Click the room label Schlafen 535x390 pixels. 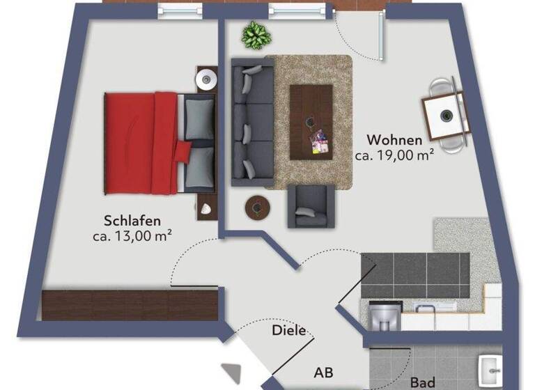point(132,221)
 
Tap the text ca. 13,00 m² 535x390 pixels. point(132,236)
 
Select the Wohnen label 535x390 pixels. point(394,139)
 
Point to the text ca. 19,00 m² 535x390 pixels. point(395,156)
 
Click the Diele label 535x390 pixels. point(288,330)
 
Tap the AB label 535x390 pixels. point(323,373)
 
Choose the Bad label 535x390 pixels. point(422,382)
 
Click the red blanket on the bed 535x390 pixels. point(141,142)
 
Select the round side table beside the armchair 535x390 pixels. point(258,207)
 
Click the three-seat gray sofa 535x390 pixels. point(252,123)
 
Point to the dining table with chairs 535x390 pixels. point(444,115)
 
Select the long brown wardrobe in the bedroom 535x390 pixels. point(132,305)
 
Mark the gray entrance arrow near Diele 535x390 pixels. point(229,373)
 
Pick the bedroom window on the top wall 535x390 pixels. point(180,10)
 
